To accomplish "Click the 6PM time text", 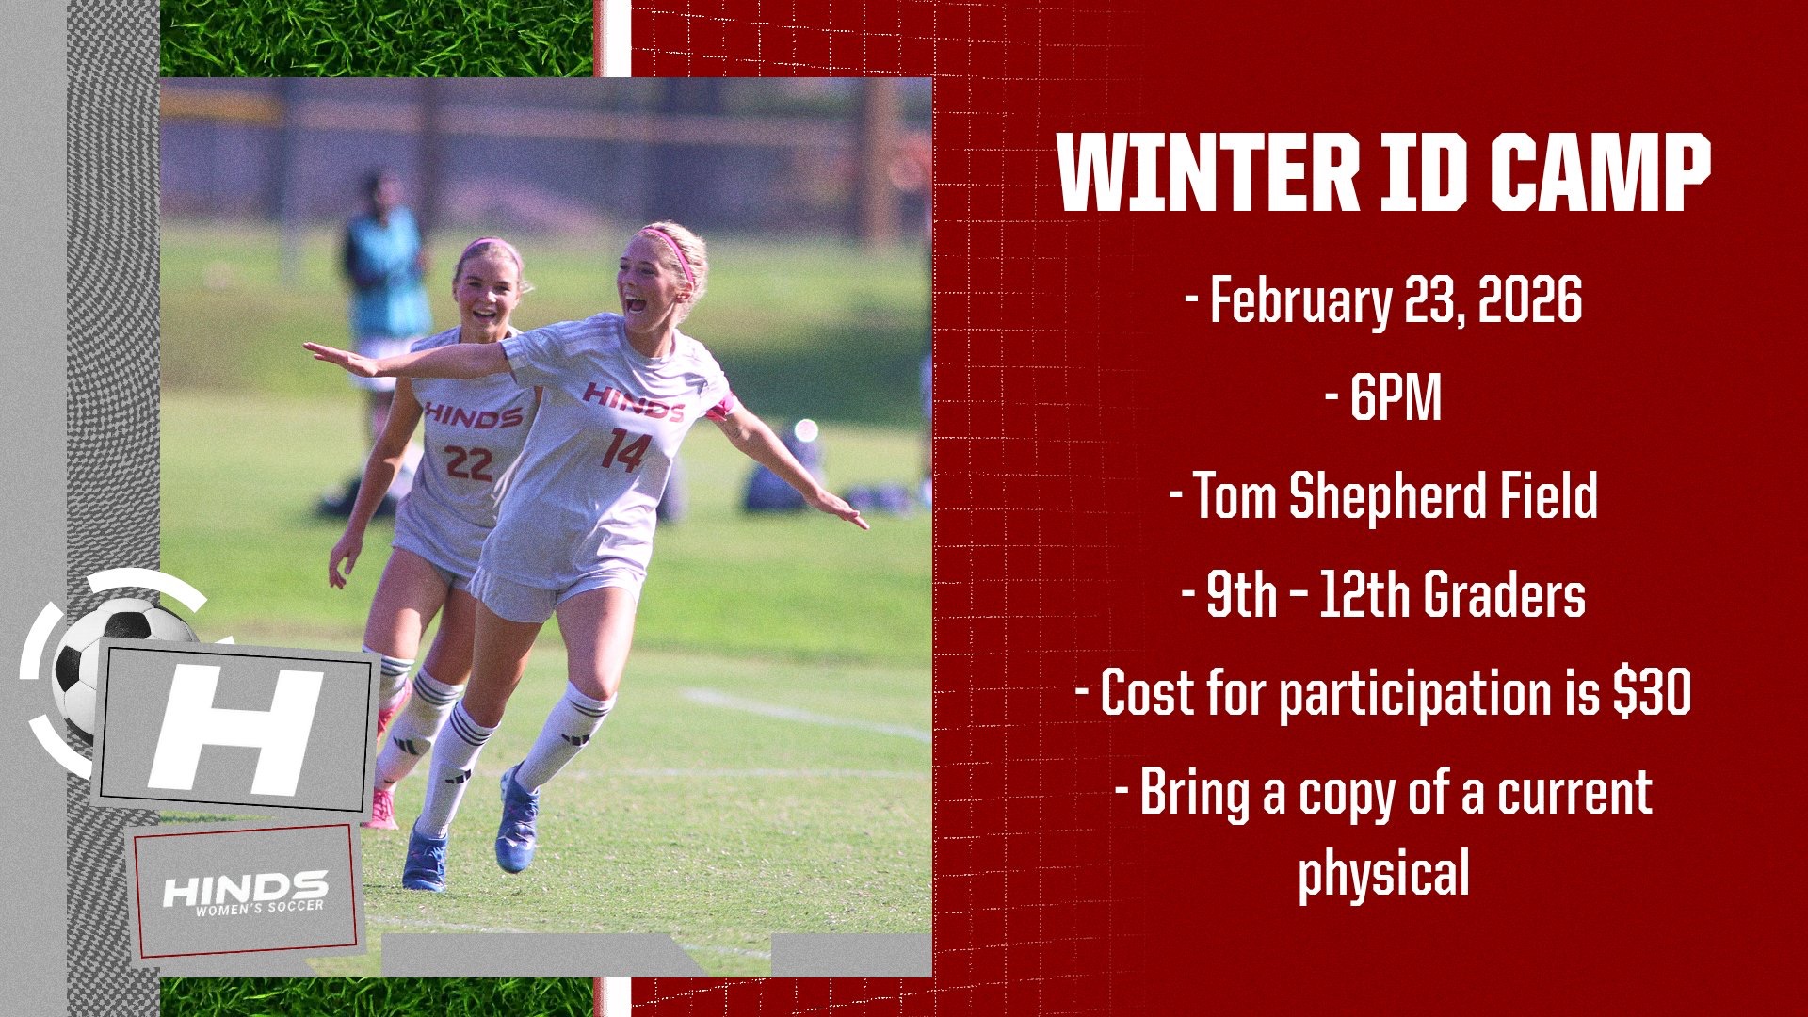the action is point(1396,398).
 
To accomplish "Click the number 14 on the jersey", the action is point(625,450).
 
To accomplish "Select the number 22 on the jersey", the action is point(468,462).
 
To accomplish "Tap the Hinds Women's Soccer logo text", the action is point(245,892).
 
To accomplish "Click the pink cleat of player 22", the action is point(381,809).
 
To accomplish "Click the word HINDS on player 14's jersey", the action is point(633,400).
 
